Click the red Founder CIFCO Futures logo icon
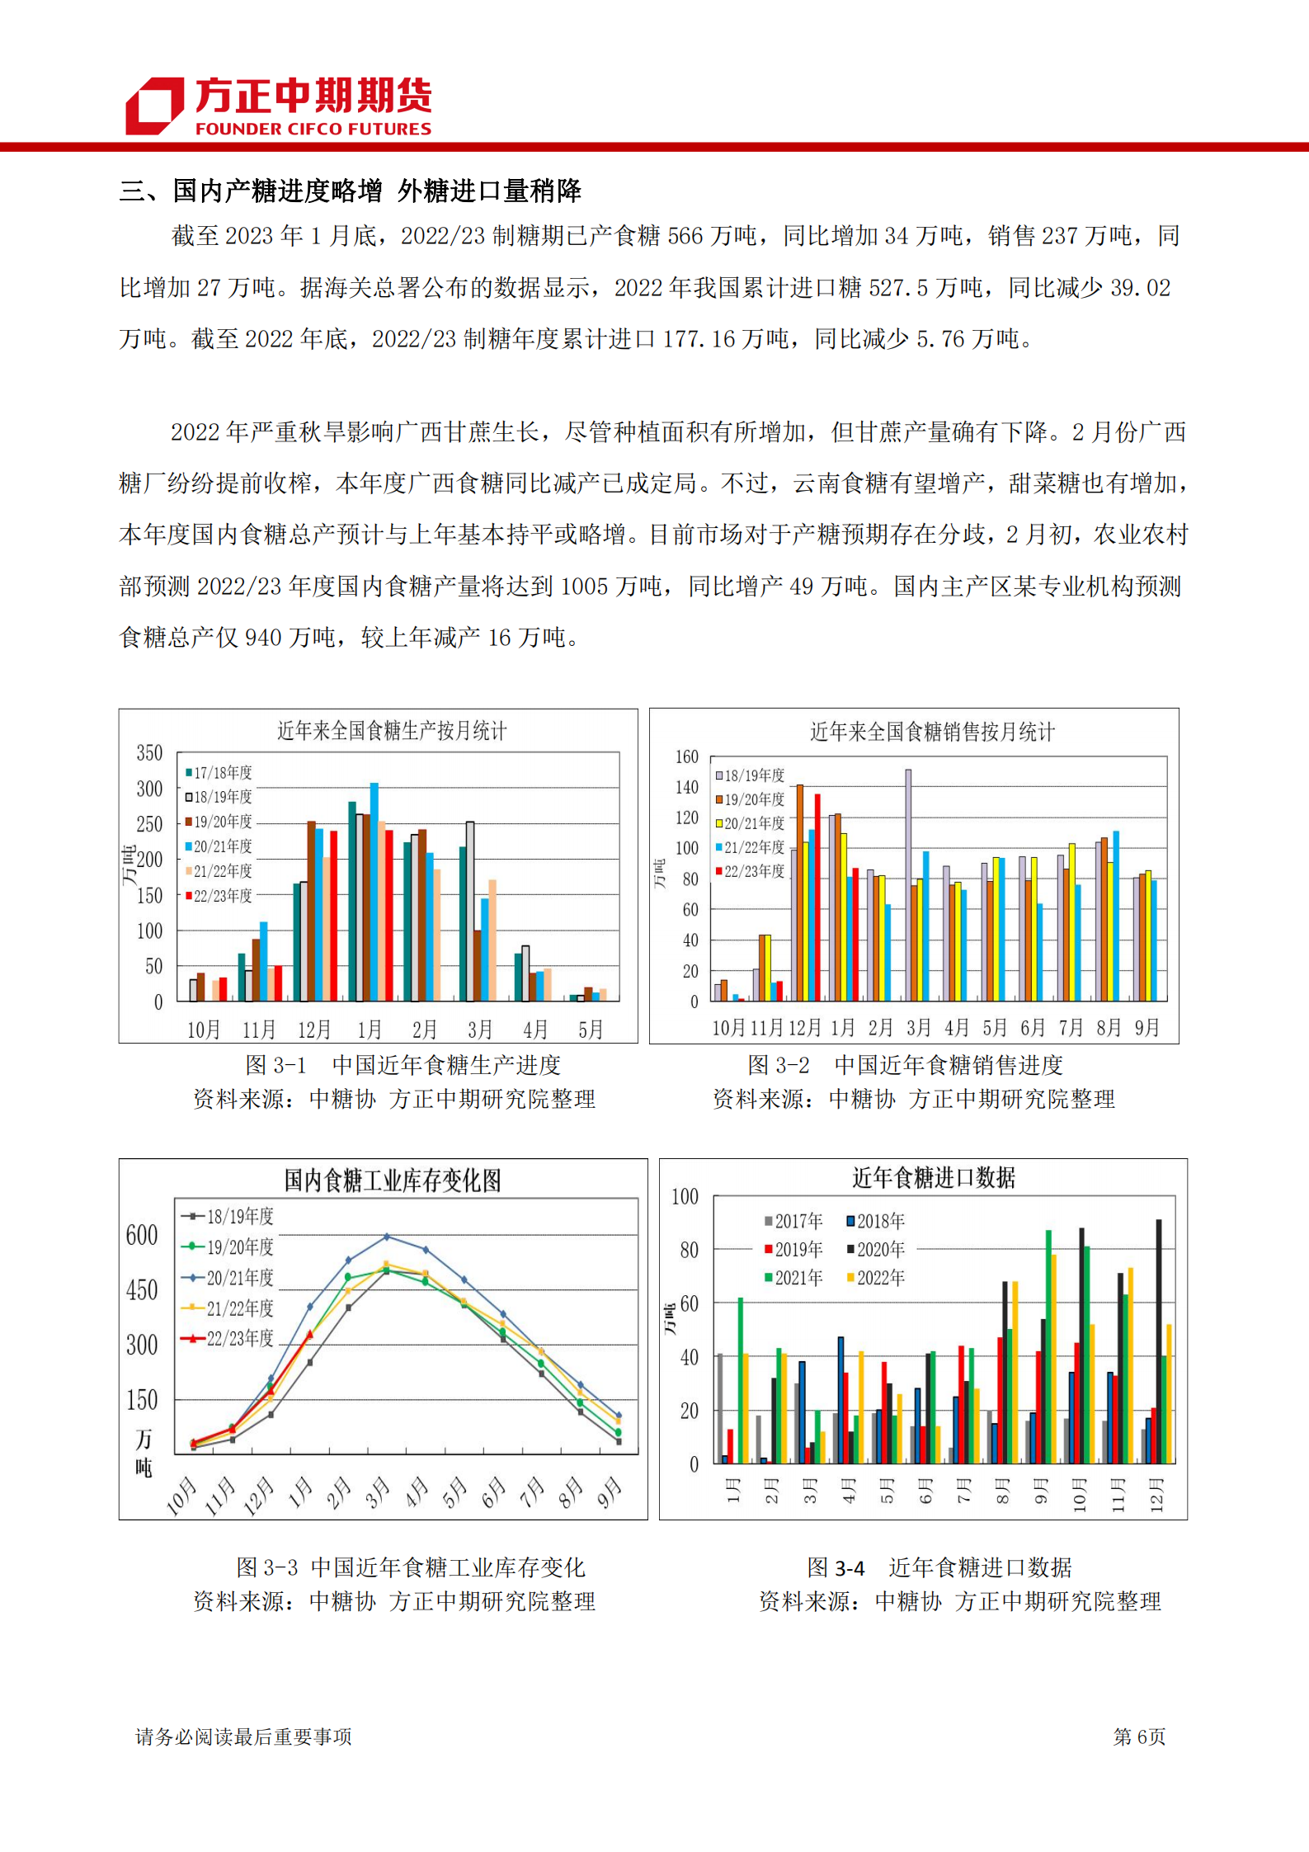154,106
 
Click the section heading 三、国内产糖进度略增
251,191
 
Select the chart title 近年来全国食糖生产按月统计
391,731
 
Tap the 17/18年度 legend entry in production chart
219,773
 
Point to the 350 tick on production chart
149,753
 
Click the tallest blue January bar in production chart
374,891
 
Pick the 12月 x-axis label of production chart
313,1030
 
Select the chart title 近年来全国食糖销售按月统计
932,732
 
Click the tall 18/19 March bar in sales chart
908,884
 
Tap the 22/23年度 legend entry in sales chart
751,871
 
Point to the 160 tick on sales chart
686,756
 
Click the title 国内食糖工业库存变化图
392,1180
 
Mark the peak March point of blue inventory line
387,1237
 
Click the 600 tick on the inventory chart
141,1235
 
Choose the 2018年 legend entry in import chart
875,1221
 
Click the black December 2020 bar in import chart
1159,1341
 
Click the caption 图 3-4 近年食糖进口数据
939,1567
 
